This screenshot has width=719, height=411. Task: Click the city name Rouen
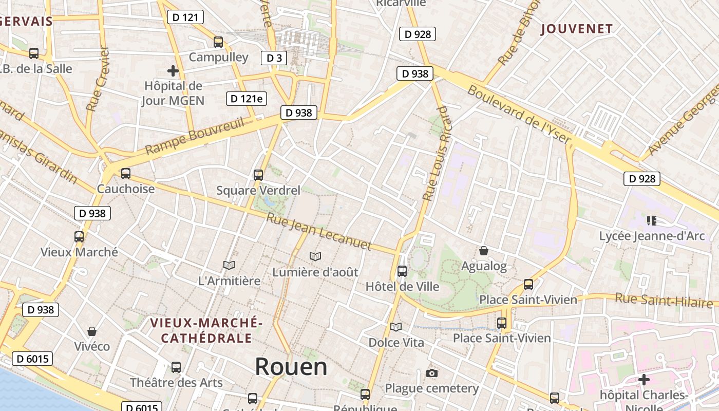click(x=291, y=367)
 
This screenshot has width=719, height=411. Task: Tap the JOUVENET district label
click(x=577, y=29)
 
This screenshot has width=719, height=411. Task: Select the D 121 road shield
click(x=185, y=17)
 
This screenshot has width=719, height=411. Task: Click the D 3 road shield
click(x=274, y=58)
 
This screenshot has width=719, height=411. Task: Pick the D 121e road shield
click(x=247, y=99)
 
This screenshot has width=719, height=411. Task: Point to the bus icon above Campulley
click(x=218, y=42)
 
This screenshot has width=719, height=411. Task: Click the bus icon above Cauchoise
click(x=126, y=174)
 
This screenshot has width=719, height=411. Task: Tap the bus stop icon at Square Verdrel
click(x=258, y=175)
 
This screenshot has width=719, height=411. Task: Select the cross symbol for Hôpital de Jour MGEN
click(x=173, y=71)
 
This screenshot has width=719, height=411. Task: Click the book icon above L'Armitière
click(x=229, y=265)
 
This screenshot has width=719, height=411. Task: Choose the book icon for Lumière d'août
click(x=315, y=256)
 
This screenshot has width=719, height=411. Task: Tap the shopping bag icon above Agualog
click(x=483, y=251)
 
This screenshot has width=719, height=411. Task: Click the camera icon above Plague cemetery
click(x=432, y=373)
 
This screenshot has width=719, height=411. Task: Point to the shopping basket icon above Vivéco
click(x=92, y=331)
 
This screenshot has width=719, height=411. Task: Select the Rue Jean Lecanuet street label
click(x=318, y=232)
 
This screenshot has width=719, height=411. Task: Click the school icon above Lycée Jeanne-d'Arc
click(x=652, y=221)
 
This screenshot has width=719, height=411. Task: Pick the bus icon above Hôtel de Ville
click(x=402, y=271)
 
